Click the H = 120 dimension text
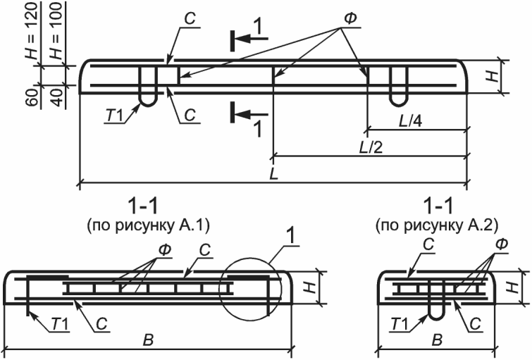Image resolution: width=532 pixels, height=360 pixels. tap(33, 31)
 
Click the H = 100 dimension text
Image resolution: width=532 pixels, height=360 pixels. tap(57, 31)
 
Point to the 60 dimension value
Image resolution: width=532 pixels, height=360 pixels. tap(33, 98)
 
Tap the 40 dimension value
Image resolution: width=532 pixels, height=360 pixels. tap(57, 98)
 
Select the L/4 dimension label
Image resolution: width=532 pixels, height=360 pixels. tap(410, 120)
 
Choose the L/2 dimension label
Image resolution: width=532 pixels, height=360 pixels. tap(371, 148)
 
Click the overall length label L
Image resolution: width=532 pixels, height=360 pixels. tap(274, 174)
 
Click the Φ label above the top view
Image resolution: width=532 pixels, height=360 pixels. tap(350, 19)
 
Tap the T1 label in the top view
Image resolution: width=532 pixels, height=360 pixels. tap(114, 116)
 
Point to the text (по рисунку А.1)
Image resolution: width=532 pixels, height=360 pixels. tap(148, 225)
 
